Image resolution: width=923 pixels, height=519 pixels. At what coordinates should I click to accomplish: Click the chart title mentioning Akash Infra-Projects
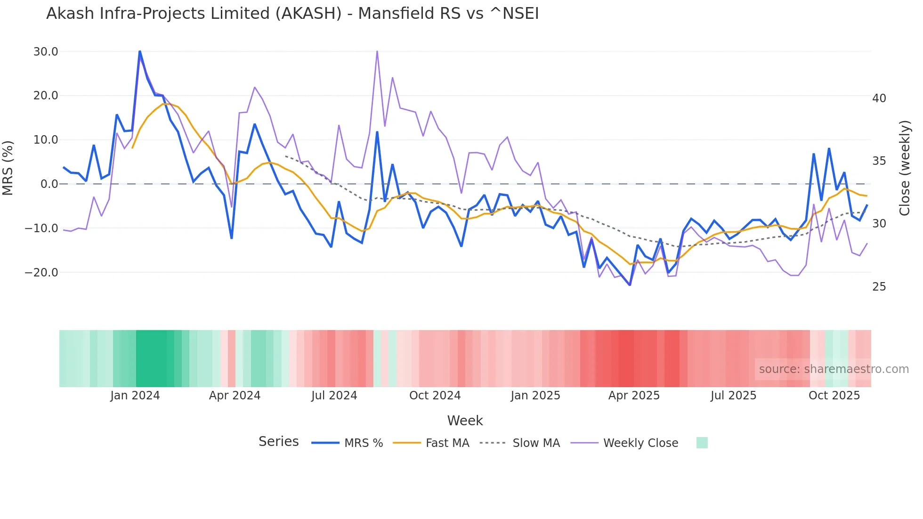292,14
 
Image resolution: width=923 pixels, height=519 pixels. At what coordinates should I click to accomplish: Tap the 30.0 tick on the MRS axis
46,52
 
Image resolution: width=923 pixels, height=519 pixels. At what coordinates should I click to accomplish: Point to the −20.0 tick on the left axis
41,273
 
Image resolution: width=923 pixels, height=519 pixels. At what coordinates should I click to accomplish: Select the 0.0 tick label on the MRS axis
49,184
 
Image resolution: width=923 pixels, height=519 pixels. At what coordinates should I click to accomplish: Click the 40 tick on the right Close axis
879,98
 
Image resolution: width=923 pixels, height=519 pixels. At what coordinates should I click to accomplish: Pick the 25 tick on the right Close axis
879,287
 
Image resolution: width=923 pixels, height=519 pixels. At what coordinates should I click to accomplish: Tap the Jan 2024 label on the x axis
135,396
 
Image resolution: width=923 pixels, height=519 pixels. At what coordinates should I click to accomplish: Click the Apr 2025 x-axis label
634,396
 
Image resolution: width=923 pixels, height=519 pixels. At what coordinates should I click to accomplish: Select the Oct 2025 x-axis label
834,396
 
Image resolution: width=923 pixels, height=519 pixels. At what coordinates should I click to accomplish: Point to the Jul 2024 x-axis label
334,396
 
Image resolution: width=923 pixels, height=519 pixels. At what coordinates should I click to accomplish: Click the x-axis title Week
465,421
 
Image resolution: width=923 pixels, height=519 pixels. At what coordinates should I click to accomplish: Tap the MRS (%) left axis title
8,168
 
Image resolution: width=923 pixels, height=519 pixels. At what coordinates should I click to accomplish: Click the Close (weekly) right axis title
904,168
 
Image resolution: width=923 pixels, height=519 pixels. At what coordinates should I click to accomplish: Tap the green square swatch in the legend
702,443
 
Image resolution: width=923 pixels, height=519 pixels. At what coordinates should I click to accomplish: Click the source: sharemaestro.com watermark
834,369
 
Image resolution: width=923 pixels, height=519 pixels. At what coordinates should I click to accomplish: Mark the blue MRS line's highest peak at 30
140,51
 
